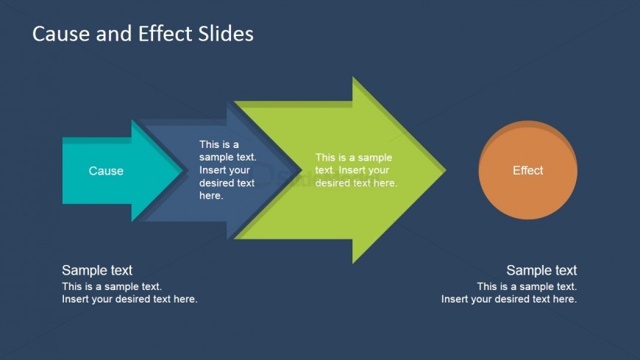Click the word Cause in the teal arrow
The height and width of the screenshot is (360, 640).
pyautogui.click(x=106, y=171)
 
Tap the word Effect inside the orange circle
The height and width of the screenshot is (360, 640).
pyautogui.click(x=527, y=170)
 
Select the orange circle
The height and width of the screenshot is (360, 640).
pyautogui.click(x=527, y=170)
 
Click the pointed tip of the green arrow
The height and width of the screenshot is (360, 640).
pyautogui.click(x=446, y=170)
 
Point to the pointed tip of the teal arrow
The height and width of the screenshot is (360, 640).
pyautogui.click(x=182, y=171)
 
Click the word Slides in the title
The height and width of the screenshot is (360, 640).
pyautogui.click(x=226, y=34)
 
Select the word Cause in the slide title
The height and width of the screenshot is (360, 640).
pyautogui.click(x=62, y=34)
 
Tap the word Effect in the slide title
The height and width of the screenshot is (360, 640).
pyautogui.click(x=166, y=34)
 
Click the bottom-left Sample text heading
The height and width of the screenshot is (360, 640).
pyautogui.click(x=97, y=270)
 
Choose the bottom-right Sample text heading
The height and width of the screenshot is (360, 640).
pyautogui.click(x=541, y=270)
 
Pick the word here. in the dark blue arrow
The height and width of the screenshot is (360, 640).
pyautogui.click(x=211, y=196)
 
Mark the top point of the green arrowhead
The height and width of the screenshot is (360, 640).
pyautogui.click(x=353, y=77)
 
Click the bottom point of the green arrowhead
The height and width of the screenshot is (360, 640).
pyautogui.click(x=353, y=263)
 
